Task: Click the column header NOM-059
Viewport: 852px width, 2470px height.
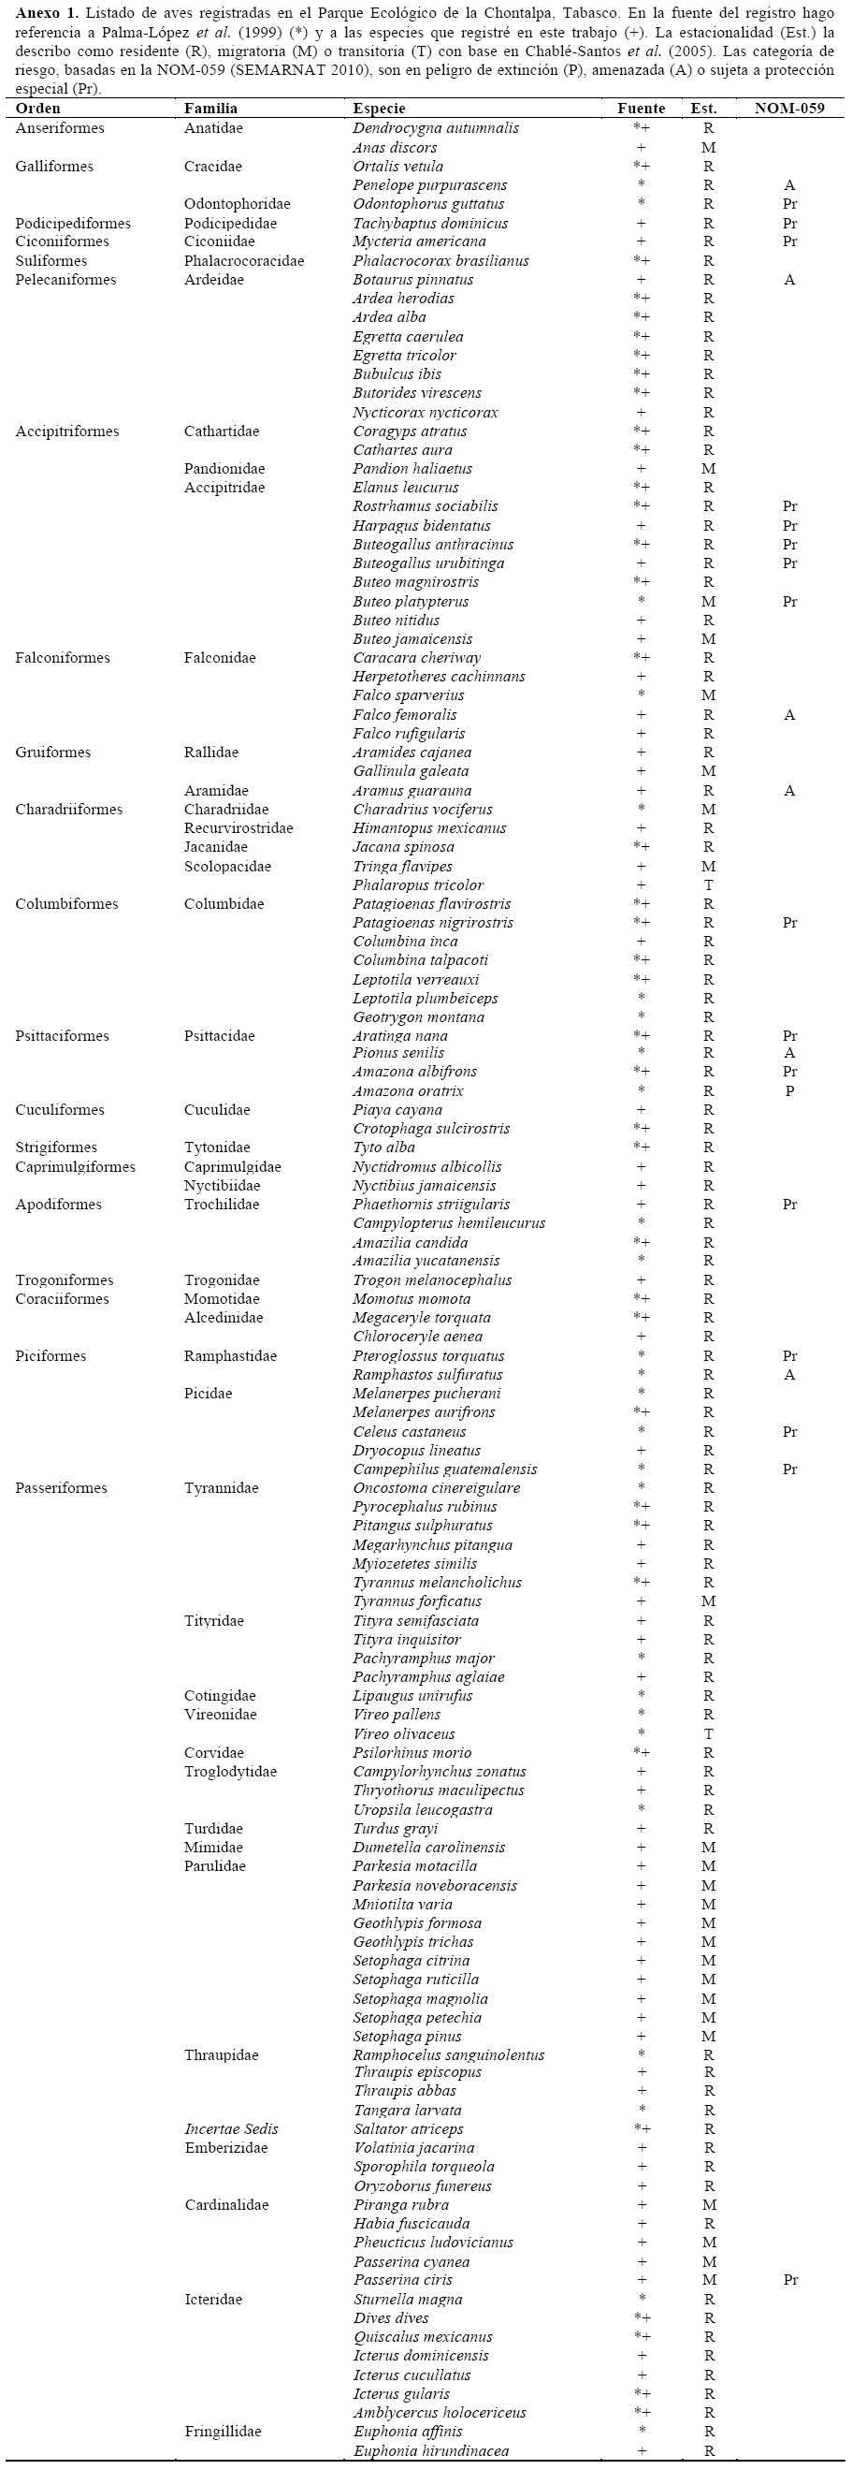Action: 787,109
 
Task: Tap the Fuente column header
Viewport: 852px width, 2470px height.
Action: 641,109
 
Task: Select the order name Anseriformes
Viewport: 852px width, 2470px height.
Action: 60,127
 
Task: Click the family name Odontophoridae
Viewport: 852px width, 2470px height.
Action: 237,203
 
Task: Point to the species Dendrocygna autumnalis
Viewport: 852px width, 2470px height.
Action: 435,127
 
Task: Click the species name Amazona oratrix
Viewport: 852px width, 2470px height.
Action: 408,1090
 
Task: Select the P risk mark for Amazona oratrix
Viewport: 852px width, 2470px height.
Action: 788,1090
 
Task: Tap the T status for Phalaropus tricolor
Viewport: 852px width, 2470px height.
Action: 708,885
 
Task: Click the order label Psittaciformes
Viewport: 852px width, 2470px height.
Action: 62,1035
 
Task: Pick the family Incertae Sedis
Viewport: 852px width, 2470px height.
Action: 231,2128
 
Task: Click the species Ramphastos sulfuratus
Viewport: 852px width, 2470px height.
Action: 427,1374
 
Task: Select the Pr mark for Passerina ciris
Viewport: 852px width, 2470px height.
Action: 789,2279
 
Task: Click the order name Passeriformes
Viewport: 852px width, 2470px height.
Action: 61,1487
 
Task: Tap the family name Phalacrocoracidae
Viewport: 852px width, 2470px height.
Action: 243,261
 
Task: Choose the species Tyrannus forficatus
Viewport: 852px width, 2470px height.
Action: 417,1601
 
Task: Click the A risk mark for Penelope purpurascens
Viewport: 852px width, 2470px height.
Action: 788,185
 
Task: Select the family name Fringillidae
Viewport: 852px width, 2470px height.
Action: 223,2431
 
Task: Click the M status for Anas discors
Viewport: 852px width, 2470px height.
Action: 708,148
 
